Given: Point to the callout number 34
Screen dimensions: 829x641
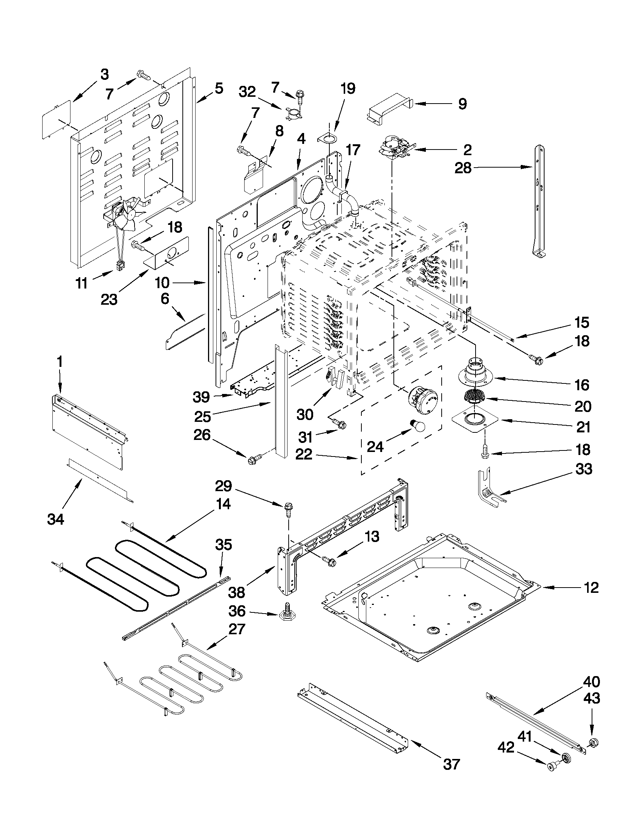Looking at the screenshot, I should (55, 519).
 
